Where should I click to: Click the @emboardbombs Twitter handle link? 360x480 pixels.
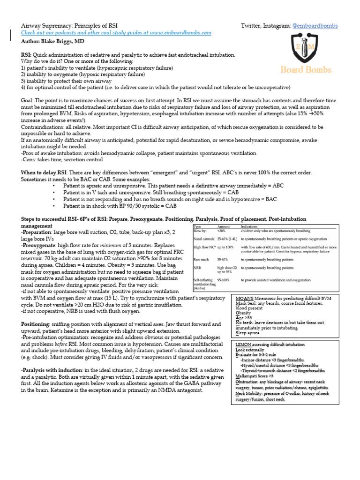click(x=315, y=25)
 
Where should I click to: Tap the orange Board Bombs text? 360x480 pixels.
click(x=306, y=70)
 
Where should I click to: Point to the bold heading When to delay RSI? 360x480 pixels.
click(x=44, y=172)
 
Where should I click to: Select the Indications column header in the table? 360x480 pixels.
click(x=251, y=226)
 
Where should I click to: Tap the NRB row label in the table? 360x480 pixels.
click(x=197, y=268)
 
